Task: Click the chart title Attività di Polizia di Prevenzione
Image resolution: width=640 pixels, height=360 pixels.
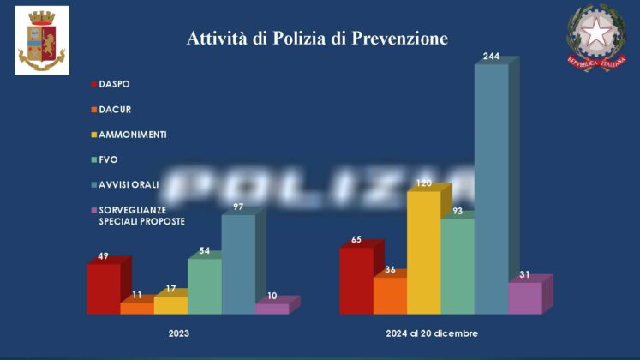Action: (317, 39)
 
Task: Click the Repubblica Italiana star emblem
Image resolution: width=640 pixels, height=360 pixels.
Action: (595, 37)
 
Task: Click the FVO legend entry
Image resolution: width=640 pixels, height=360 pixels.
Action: (107, 159)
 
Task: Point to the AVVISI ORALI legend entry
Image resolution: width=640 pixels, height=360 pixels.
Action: (129, 184)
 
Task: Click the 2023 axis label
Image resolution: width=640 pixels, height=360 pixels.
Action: (178, 333)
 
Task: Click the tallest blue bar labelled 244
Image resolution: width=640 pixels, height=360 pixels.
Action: (491, 189)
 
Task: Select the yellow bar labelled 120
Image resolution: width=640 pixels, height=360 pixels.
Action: (423, 253)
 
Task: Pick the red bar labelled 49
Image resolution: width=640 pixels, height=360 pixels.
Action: (103, 289)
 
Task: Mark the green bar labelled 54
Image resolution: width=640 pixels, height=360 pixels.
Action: (204, 286)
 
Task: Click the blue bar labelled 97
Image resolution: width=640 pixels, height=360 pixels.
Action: (238, 264)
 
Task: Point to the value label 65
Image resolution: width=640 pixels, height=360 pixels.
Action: (356, 240)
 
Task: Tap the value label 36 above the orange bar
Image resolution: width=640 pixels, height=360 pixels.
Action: (390, 270)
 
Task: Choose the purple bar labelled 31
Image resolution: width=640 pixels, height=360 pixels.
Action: (525, 297)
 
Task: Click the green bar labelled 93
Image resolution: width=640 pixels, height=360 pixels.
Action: (457, 266)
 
